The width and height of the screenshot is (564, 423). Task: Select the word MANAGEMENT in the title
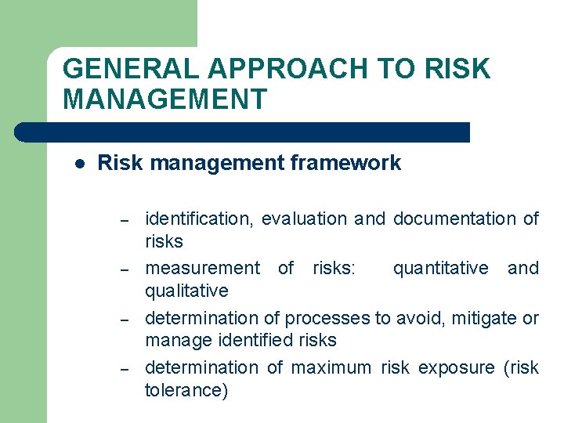[164, 99]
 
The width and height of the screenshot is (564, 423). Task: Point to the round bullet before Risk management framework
[79, 164]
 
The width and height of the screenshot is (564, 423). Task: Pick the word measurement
[202, 269]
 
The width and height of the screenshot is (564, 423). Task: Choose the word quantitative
[440, 269]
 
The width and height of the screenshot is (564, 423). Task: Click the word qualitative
[186, 291]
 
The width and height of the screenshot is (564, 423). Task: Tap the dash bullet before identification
[124, 220]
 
